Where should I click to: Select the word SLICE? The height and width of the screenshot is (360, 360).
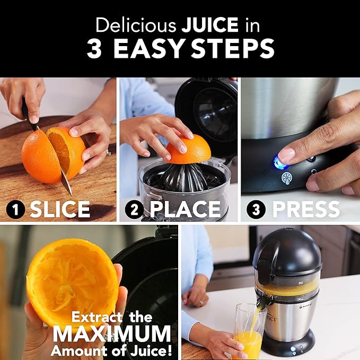[x=60, y=210]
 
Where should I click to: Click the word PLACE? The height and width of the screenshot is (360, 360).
[x=185, y=210]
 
